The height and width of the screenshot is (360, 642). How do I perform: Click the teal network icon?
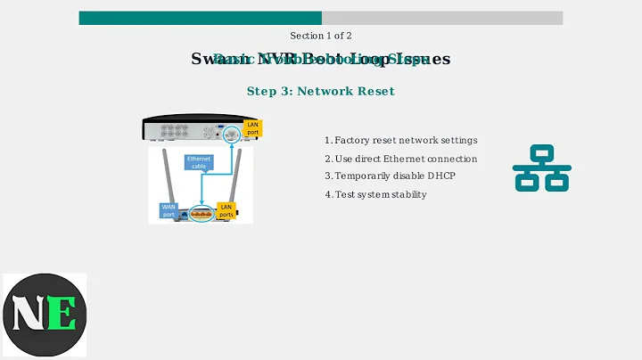pos(541,168)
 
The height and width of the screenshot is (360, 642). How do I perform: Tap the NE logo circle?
pos(44,315)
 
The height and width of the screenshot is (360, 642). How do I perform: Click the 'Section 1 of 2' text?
pos(321,36)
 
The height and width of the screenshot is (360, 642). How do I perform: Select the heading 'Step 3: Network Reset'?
pos(320,91)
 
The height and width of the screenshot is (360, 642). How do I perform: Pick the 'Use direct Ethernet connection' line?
pos(400,159)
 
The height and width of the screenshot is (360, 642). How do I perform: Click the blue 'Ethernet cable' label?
pos(198,162)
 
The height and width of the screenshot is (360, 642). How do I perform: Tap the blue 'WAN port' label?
pos(168,210)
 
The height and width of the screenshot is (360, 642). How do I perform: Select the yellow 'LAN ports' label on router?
pos(226,210)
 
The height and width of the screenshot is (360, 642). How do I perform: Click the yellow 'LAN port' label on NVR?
pos(252,128)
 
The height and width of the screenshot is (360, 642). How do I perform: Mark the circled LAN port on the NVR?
pos(231,134)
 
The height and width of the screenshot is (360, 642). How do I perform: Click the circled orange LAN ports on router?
pos(202,214)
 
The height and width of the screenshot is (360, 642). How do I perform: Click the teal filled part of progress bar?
pos(200,18)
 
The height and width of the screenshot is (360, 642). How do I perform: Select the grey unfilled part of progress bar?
pos(442,18)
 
